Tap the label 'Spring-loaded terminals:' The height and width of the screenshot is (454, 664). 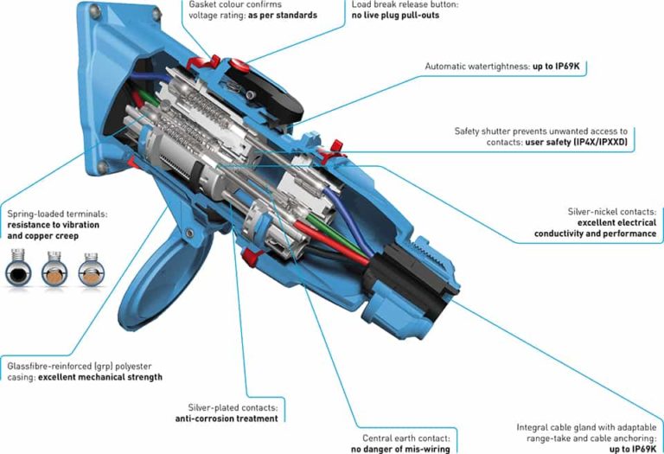coord(56,214)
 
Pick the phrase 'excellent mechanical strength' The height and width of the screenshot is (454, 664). coord(99,377)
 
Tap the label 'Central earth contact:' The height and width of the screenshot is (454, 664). coord(401,438)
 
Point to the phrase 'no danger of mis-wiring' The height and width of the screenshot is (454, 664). coord(399,449)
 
